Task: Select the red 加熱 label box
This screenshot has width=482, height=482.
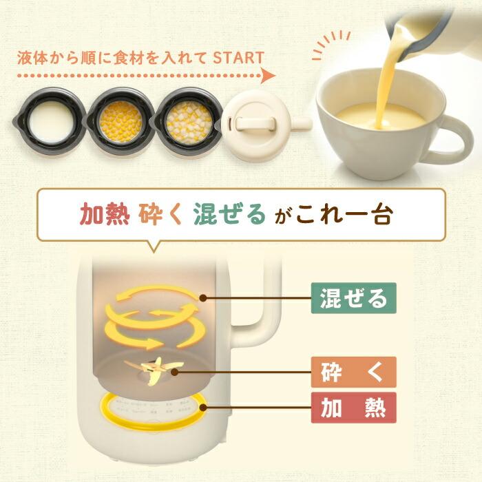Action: (348, 406)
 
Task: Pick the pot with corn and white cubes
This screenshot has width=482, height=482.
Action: (188, 114)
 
